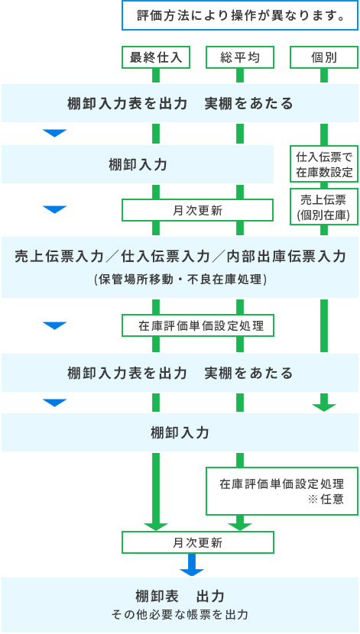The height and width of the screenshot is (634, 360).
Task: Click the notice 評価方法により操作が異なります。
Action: coord(240,15)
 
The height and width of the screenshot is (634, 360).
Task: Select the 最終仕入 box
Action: coord(156,58)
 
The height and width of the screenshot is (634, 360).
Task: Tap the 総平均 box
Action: coord(240,58)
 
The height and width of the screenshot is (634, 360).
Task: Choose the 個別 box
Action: coord(324,58)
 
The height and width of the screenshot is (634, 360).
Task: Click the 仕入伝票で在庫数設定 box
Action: coord(324,164)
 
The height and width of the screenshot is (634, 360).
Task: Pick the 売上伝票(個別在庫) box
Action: coord(324,207)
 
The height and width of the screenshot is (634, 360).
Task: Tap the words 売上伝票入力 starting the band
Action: coord(59,257)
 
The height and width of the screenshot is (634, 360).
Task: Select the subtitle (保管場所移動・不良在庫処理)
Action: coord(180,280)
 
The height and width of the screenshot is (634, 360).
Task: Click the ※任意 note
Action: coord(326,500)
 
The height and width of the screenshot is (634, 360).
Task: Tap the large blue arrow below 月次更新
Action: coord(192,564)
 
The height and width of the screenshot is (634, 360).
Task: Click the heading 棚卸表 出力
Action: coord(180,596)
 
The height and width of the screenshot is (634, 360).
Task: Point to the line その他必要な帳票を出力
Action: coord(180,615)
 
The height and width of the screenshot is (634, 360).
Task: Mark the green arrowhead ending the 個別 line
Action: coord(324,408)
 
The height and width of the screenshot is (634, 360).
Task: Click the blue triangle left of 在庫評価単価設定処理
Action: coord(54,326)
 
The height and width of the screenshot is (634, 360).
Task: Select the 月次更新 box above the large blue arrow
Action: coord(198,542)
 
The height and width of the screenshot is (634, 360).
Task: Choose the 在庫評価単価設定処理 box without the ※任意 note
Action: coord(198,326)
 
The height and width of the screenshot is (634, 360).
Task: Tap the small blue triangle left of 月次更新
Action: coord(54,209)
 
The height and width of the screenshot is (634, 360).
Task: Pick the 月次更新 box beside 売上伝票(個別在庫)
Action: coord(198,210)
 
